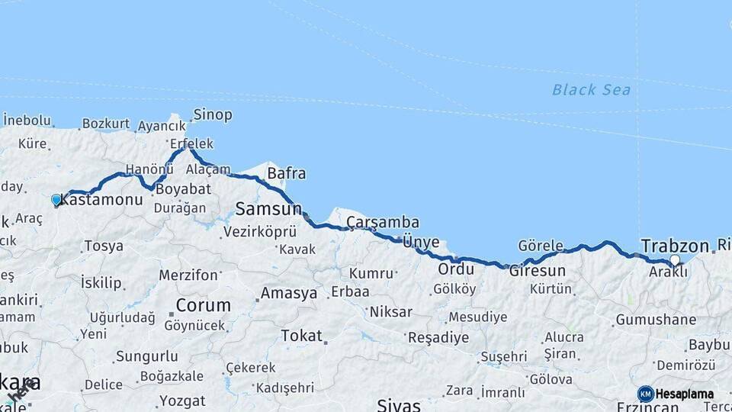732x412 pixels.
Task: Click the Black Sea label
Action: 591,90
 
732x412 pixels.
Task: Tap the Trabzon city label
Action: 675,246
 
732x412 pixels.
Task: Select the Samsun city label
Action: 268,208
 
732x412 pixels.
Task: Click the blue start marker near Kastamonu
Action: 56,200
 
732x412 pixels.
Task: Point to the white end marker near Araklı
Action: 674,260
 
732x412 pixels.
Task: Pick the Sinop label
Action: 212,115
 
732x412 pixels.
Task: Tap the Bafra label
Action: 286,174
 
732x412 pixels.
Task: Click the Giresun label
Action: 538,271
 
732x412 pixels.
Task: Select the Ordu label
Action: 456,269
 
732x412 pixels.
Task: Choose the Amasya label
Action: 288,293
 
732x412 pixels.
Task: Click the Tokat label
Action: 301,336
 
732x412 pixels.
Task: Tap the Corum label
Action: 203,305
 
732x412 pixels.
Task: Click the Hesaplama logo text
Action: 684,394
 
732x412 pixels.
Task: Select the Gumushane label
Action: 655,320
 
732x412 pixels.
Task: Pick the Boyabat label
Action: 183,188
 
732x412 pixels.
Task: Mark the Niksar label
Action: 390,311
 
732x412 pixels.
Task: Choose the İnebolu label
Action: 27,121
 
